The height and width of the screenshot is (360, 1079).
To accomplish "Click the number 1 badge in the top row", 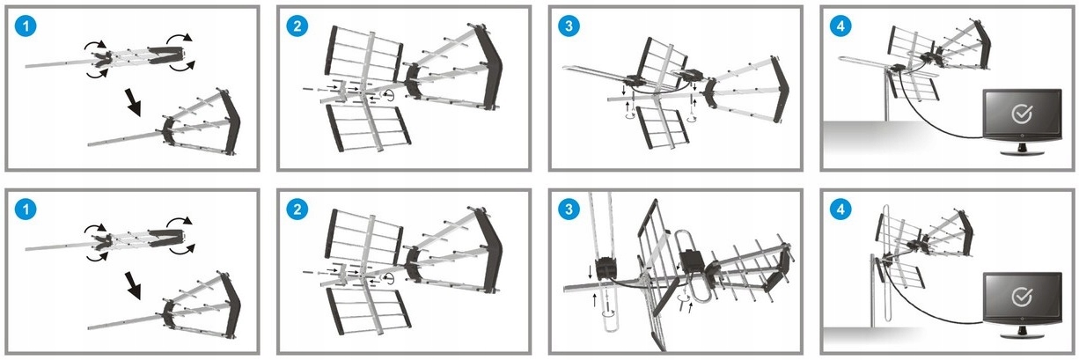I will point(28,27).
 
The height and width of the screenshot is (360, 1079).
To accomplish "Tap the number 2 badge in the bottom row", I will point(298,211).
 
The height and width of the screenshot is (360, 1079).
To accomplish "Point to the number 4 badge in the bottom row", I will point(841,211).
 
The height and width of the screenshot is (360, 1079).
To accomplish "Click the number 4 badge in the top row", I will point(841,27).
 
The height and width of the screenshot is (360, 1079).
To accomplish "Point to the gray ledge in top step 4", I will point(889,136).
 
